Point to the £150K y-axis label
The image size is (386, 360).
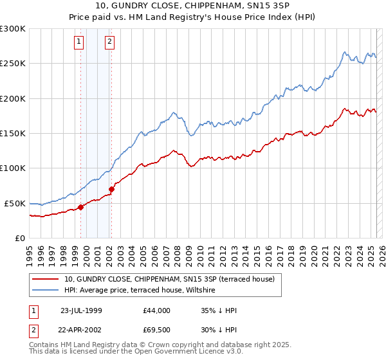(x=13, y=133)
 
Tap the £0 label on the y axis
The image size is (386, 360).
(x=19, y=238)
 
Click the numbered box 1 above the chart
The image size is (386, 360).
(x=78, y=42)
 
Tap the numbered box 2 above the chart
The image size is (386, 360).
(x=110, y=42)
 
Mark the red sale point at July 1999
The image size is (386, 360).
(x=81, y=207)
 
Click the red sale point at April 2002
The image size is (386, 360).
(x=112, y=189)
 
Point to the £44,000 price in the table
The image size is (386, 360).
(x=157, y=310)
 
